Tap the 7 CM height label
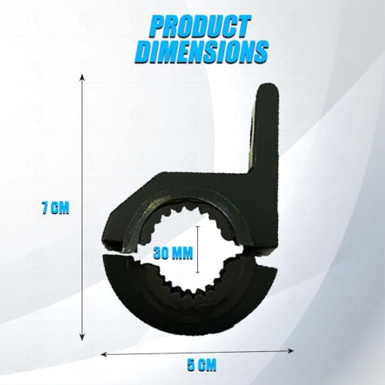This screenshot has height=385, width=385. pos(55,208)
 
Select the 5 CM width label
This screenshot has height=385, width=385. pos(202,364)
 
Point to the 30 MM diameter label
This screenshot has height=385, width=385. pos(172,253)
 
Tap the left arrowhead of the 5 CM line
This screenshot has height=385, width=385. pos(103,354)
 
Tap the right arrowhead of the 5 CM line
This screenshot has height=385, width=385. pos(291,351)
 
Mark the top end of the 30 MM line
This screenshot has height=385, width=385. pos(197,226)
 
